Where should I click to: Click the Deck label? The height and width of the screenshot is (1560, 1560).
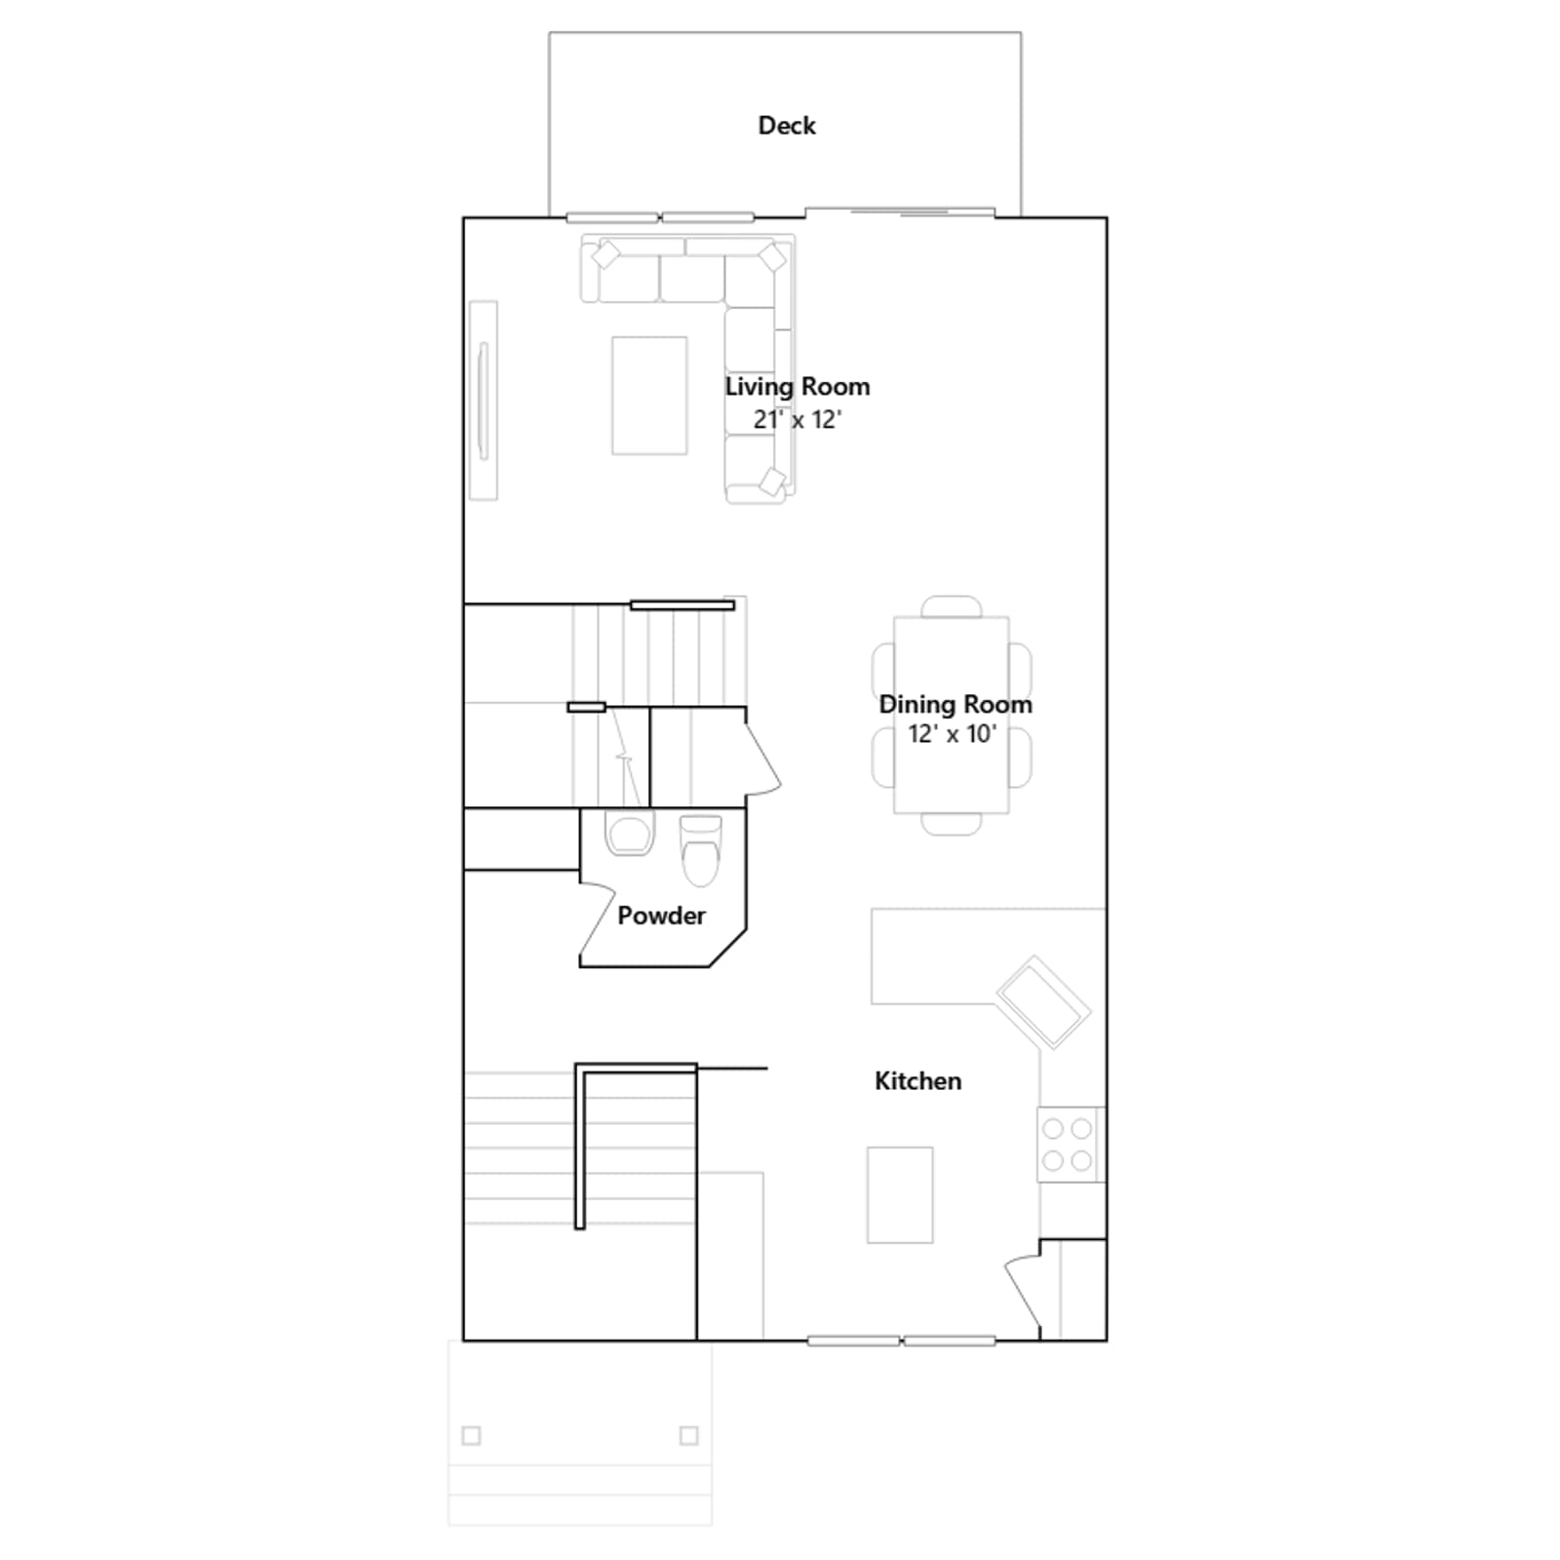[787, 126]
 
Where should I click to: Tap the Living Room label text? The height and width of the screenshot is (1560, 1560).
[798, 387]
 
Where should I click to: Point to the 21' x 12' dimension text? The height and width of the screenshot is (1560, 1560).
[798, 419]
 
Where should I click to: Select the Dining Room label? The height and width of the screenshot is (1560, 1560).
[955, 705]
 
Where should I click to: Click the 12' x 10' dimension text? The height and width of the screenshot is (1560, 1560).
[953, 734]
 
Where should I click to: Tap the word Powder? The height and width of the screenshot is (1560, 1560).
[661, 916]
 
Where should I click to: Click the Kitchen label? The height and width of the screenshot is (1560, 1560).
[917, 1081]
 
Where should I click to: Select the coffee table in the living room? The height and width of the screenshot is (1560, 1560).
[649, 396]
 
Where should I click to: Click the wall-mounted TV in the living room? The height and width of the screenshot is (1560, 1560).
[483, 401]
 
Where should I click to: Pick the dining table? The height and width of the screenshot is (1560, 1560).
[952, 715]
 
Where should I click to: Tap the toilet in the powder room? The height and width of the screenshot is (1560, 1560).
[700, 850]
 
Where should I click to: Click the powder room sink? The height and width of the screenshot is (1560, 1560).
[629, 835]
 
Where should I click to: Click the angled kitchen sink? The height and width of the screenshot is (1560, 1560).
[1043, 1002]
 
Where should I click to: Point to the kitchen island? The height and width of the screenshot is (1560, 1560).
[900, 1194]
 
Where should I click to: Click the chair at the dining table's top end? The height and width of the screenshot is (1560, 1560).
[952, 606]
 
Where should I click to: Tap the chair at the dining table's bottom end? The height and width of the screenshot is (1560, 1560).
[952, 824]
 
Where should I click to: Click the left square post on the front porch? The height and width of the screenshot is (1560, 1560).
[472, 1435]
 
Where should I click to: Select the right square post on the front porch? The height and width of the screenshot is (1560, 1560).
[689, 1435]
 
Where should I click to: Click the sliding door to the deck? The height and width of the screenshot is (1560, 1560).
[900, 212]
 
